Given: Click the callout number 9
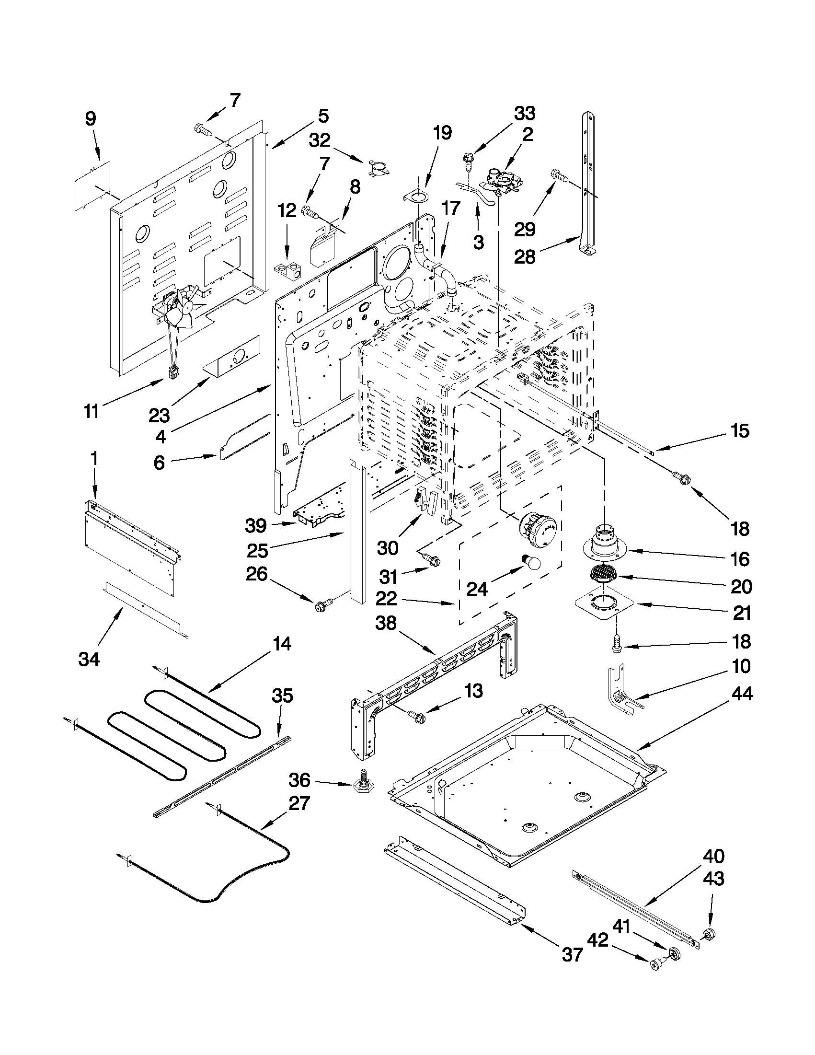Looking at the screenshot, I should [90, 119].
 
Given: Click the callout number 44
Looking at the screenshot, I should [742, 695].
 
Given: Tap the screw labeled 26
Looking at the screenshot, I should [323, 604].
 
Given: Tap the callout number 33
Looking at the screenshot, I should [524, 114].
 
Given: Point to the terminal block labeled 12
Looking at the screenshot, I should [289, 268].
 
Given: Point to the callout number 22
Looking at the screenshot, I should [386, 599].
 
